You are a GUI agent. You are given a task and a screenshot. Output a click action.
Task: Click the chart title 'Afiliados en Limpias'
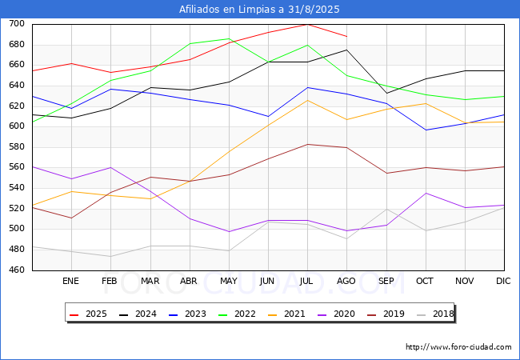pyautogui.click(x=260, y=10)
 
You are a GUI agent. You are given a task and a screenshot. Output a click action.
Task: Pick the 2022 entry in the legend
pyautogui.click(x=246, y=314)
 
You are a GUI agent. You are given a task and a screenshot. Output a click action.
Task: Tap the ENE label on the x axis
pyautogui.click(x=71, y=282)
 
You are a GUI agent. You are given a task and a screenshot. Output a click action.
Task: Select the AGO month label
pyautogui.click(x=346, y=282)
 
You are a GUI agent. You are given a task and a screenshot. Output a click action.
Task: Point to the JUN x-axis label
pyautogui.click(x=268, y=282)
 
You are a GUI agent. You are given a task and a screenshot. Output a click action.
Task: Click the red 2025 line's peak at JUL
pyautogui.click(x=307, y=24)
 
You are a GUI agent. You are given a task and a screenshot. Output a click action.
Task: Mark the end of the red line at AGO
pyautogui.click(x=346, y=37)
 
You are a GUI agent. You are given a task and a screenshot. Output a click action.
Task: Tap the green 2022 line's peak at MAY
pyautogui.click(x=229, y=38)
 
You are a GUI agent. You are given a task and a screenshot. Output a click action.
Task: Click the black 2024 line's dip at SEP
pyautogui.click(x=386, y=93)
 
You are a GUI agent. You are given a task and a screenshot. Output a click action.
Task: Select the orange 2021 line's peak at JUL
pyautogui.click(x=307, y=100)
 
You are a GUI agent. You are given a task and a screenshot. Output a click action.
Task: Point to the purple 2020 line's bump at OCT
pyautogui.click(x=426, y=193)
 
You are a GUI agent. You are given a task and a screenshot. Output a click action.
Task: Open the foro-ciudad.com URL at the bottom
pyautogui.click(x=458, y=347)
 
